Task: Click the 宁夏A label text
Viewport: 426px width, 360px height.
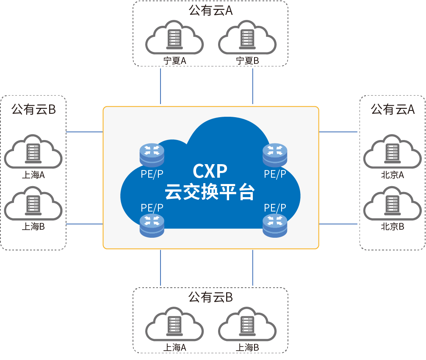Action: coord(175,61)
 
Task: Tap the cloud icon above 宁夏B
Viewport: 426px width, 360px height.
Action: coord(247,37)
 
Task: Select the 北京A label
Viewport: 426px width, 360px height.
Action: coord(392,175)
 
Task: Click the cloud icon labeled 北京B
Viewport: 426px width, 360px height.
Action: coord(392,203)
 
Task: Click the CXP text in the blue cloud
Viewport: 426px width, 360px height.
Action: coord(210,171)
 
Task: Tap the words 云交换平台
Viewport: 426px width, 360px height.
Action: coord(210,192)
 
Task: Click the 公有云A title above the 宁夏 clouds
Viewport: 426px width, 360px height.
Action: coord(210,11)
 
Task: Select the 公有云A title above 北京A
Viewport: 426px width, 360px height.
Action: coord(393,110)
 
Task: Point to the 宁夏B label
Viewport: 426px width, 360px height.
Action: coord(247,61)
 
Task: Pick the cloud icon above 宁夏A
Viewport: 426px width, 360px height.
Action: coord(174,37)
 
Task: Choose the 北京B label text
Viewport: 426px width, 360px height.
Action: coord(392,226)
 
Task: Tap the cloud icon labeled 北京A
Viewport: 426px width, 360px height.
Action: coord(392,151)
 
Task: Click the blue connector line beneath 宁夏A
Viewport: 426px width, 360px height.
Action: coord(160,86)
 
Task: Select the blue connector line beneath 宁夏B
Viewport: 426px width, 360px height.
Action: coord(253,86)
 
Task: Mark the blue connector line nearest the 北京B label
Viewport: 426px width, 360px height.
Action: coord(338,224)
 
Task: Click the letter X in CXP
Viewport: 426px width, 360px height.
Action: coord(210,171)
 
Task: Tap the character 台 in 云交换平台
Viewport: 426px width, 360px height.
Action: coord(247,192)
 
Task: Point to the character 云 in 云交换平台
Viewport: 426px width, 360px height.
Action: coord(173,192)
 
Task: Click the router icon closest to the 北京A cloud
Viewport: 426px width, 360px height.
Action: coord(275,155)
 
